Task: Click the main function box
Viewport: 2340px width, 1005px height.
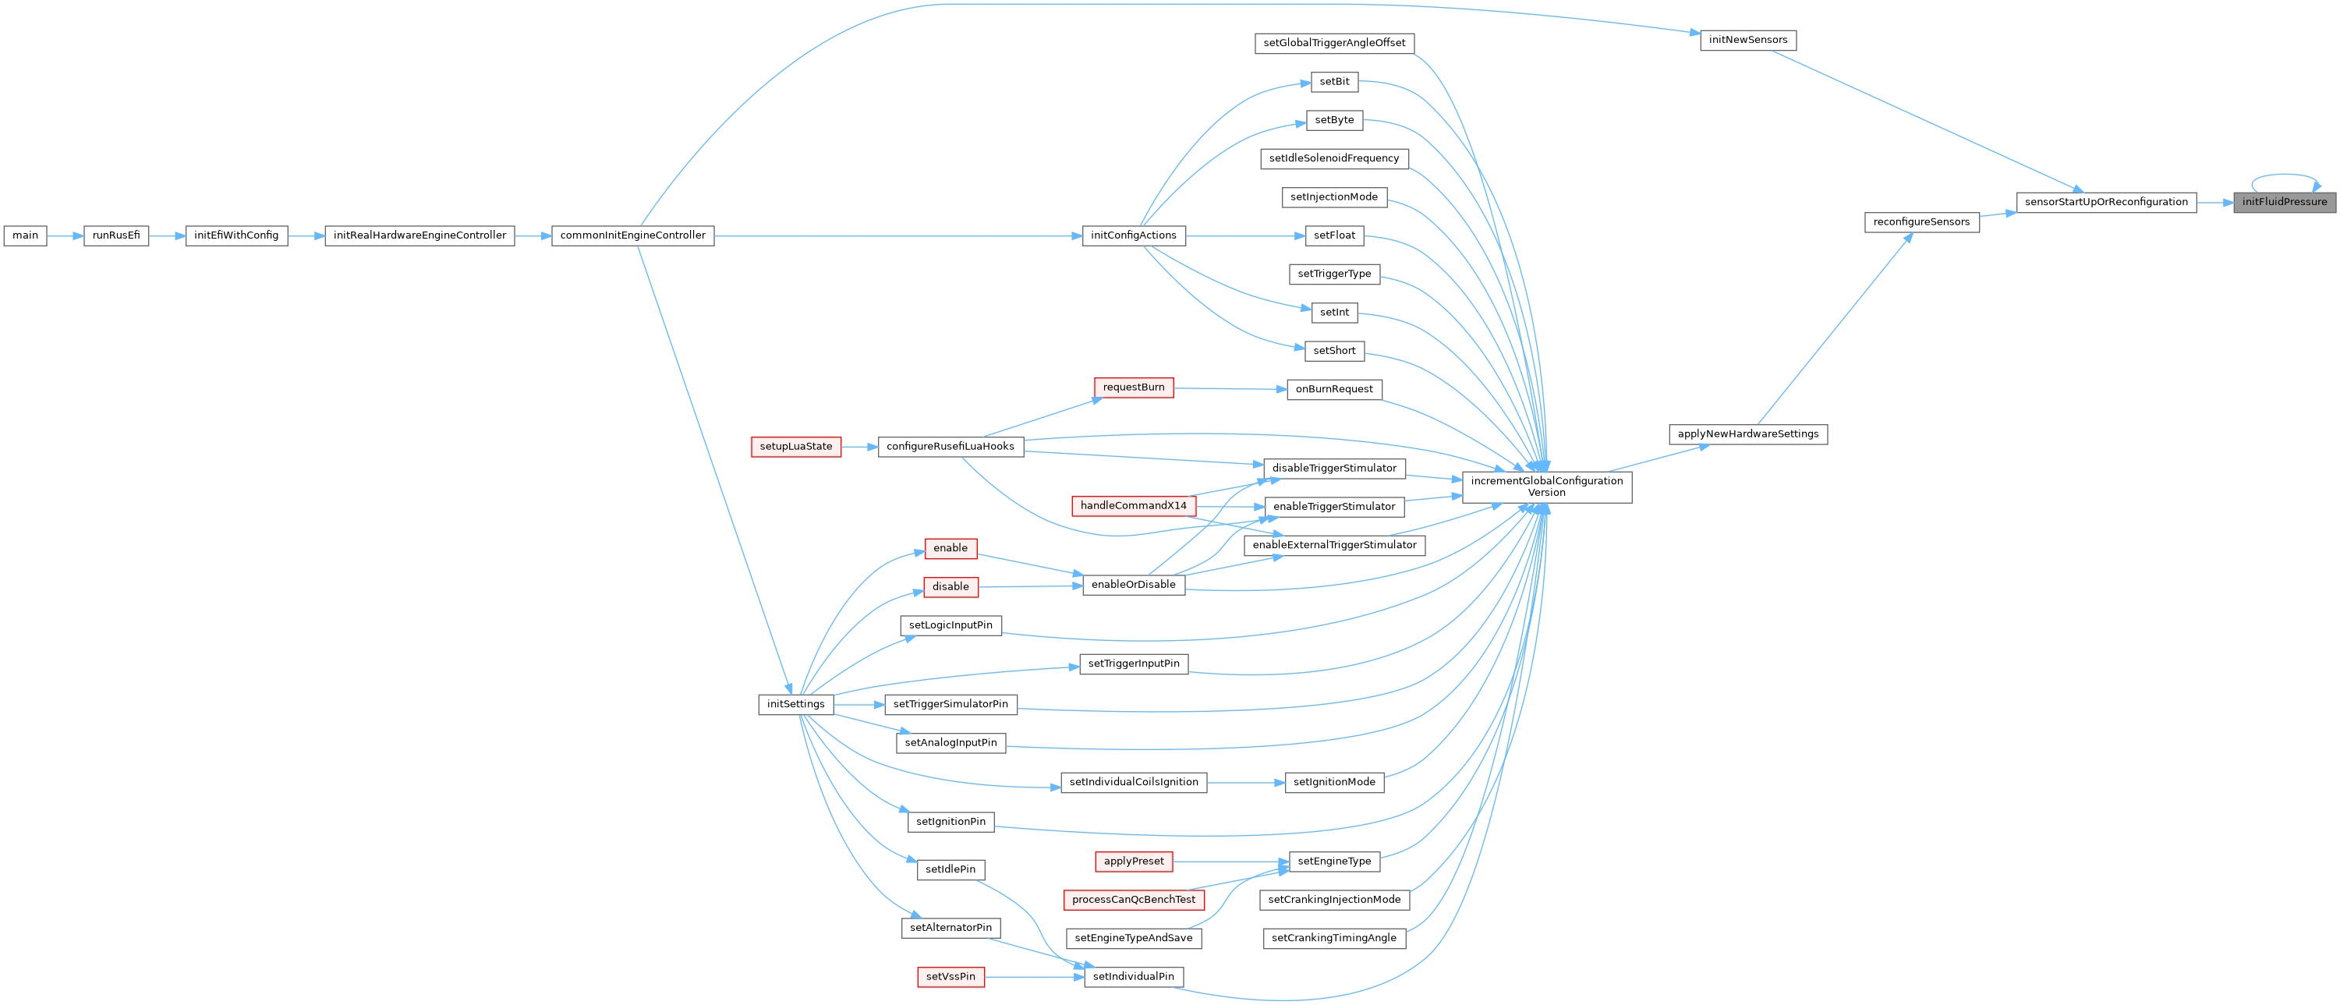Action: [x=26, y=235]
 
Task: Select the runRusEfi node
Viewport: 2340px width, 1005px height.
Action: [x=116, y=235]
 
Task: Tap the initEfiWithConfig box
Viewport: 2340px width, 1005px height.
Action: [x=236, y=235]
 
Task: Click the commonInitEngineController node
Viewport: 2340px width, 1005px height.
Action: [x=632, y=235]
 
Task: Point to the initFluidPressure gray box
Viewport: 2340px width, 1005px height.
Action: [x=2284, y=202]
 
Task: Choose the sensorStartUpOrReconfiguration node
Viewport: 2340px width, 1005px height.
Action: [x=2105, y=202]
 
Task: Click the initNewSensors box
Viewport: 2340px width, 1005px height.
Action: [x=1747, y=40]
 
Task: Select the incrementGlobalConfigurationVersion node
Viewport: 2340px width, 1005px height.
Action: [x=1546, y=487]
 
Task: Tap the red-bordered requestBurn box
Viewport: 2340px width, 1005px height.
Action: [x=1134, y=387]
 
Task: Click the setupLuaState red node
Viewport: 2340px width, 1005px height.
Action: [x=796, y=447]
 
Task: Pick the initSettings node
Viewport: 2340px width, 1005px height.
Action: [x=796, y=704]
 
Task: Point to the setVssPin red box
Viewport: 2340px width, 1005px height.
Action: [x=951, y=977]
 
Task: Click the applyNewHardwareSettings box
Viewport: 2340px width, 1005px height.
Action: [x=1747, y=434]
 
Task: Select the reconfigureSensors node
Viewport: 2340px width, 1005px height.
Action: [x=1921, y=221]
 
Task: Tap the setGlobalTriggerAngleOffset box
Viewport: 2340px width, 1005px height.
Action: [x=1333, y=43]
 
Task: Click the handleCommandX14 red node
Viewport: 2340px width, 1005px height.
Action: [x=1133, y=506]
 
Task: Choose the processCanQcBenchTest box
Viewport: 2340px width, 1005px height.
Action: [x=1134, y=900]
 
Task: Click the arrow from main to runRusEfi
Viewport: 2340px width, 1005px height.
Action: [x=65, y=235]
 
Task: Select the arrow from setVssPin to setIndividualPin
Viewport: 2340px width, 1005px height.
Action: [x=1035, y=977]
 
